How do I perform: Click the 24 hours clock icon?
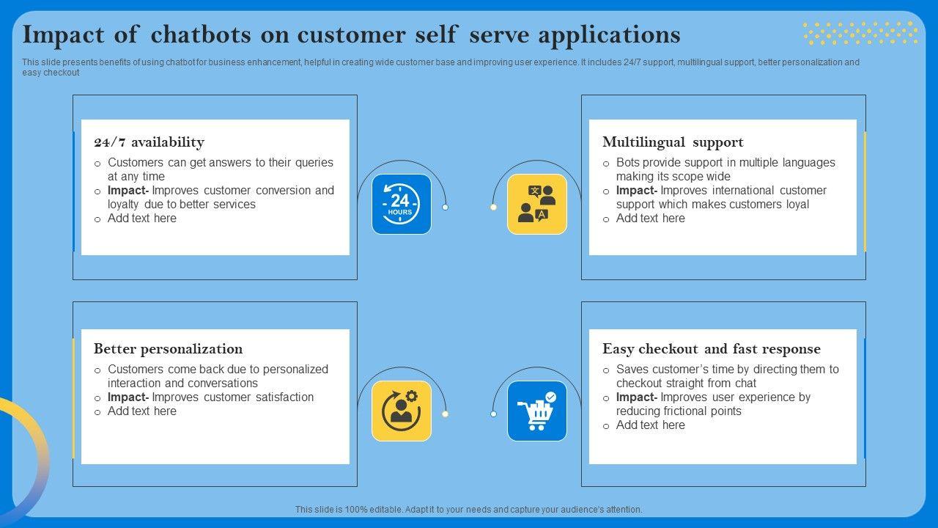pos(401,205)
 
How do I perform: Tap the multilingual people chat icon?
pos(537,205)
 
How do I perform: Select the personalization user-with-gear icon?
pos(401,411)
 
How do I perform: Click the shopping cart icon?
pos(537,411)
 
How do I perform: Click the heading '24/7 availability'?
pos(149,142)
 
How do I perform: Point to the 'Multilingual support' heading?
pos(673,142)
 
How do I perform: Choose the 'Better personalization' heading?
pos(168,349)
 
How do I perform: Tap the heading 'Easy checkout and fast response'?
pos(711,349)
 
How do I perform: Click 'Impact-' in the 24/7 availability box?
pos(128,191)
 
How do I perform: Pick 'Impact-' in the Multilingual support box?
pos(637,191)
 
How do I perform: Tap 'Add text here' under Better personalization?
pos(141,411)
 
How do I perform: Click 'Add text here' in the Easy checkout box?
pos(650,425)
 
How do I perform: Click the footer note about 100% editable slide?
pos(469,509)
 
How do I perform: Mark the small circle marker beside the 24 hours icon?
pos(445,208)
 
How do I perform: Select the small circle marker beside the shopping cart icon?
pos(493,414)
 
